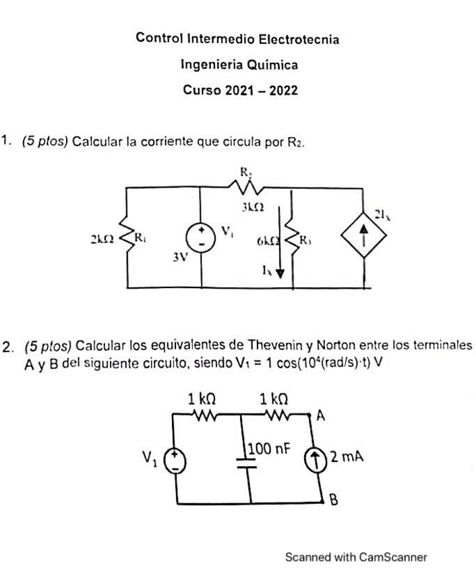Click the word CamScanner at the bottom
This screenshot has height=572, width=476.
click(x=393, y=557)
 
